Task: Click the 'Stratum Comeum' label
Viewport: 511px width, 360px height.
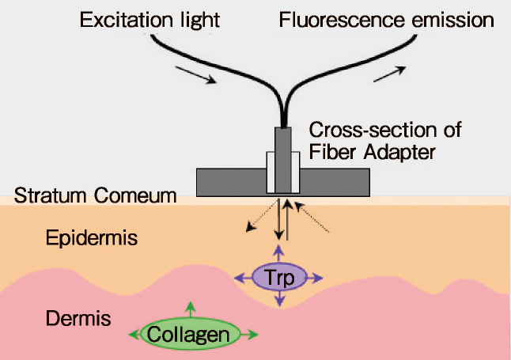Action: click(x=95, y=195)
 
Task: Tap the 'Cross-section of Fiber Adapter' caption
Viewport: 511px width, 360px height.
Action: click(x=384, y=140)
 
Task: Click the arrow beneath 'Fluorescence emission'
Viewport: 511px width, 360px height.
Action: click(x=388, y=74)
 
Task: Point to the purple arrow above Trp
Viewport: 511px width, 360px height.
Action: click(x=279, y=252)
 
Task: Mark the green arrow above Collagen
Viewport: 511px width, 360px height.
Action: click(x=189, y=309)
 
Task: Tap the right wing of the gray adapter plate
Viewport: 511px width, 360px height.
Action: click(x=335, y=181)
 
